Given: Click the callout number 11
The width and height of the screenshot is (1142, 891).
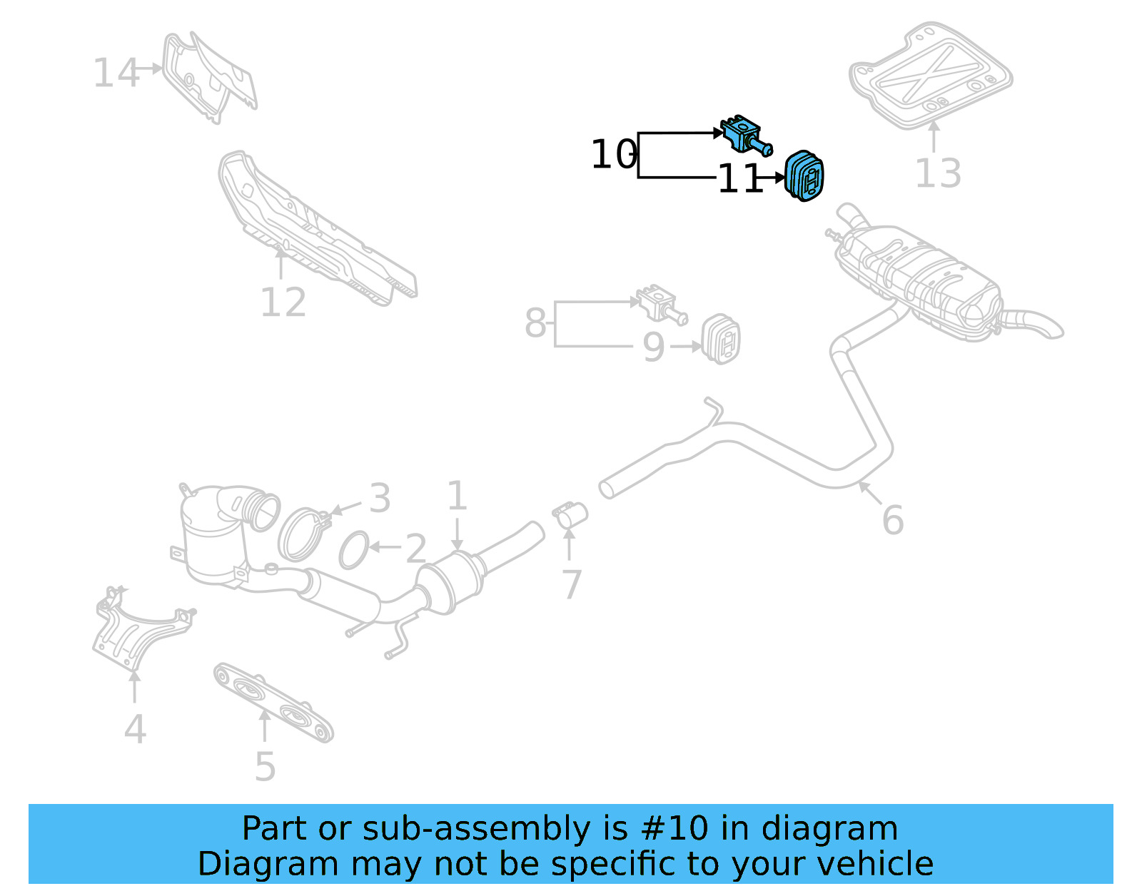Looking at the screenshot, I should pyautogui.click(x=739, y=178).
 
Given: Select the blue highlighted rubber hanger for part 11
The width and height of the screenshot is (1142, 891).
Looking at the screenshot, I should pyautogui.click(x=804, y=175).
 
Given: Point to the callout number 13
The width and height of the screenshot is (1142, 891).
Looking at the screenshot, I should pyautogui.click(x=937, y=173).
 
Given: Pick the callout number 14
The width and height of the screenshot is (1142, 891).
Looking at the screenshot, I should pyautogui.click(x=116, y=73).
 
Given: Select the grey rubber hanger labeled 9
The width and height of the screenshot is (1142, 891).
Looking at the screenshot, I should pyautogui.click(x=722, y=339).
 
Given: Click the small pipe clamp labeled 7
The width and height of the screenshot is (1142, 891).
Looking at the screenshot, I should pyautogui.click(x=570, y=514).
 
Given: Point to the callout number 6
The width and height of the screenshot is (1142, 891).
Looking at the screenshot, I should pyautogui.click(x=892, y=519).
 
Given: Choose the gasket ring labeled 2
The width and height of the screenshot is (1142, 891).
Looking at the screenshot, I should pyautogui.click(x=354, y=550).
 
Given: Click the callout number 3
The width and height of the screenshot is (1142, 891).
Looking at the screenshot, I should pyautogui.click(x=380, y=497).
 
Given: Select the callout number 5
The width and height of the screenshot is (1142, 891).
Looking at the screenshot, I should pyautogui.click(x=265, y=766).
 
